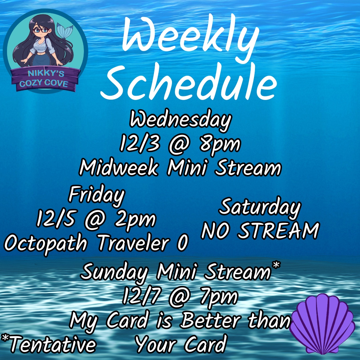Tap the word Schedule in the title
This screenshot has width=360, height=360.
coord(189,82)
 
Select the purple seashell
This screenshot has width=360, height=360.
coord(322,324)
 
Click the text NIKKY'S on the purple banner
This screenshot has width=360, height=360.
coord(46,73)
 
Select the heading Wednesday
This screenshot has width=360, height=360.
coord(180,120)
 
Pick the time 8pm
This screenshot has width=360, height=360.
coord(219,145)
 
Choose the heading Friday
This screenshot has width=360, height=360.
coord(96,195)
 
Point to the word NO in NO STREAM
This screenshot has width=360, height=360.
coord(215,231)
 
